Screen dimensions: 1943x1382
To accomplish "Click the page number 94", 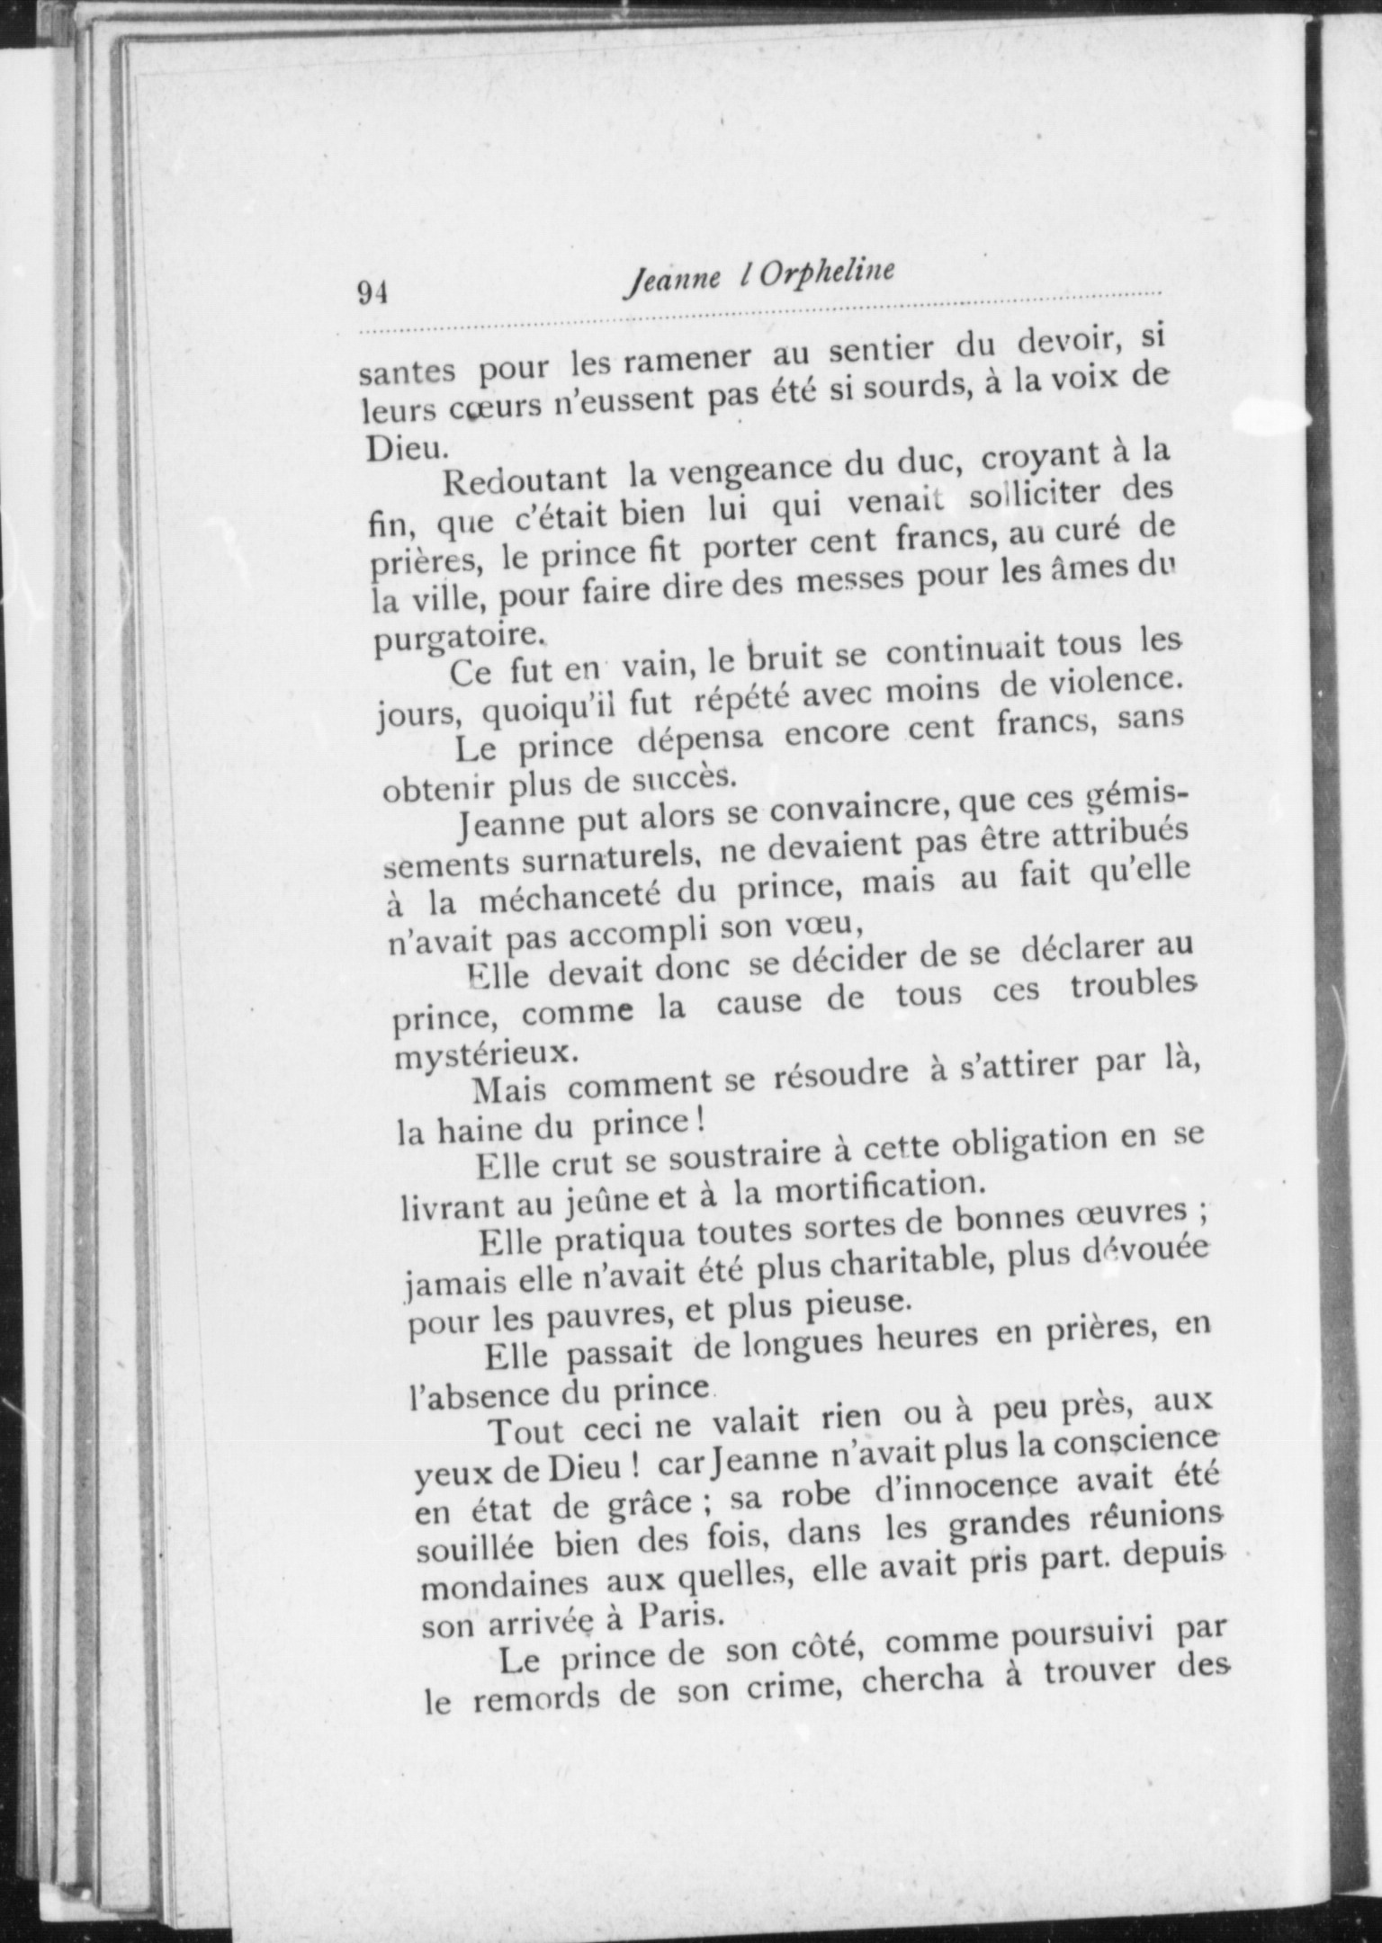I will pos(372,294).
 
